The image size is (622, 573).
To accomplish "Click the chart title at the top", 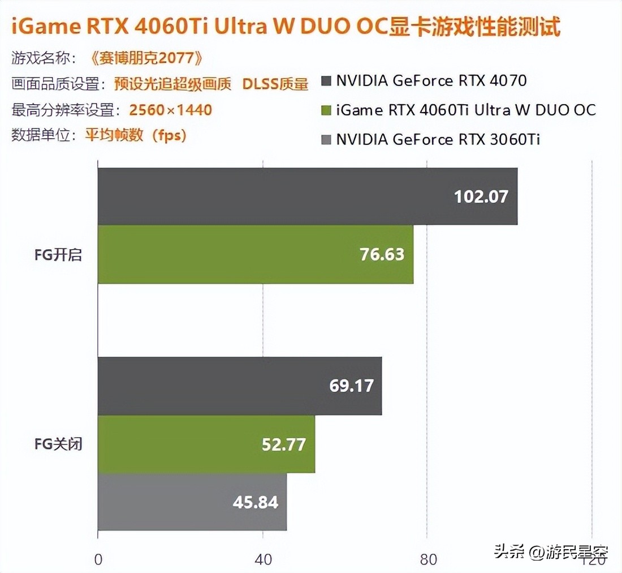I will (x=286, y=27).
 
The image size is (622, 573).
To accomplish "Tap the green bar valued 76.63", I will (x=255, y=254).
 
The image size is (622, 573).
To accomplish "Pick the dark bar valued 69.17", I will (x=239, y=386).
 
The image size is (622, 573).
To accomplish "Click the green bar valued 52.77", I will (x=206, y=444).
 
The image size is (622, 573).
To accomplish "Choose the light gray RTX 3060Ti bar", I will (x=192, y=502).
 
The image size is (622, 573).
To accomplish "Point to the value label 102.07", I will (x=481, y=196).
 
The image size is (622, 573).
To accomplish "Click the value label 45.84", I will (x=256, y=502).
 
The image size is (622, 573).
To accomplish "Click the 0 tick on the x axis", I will (x=98, y=560).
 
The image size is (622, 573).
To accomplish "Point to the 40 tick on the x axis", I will (x=263, y=560).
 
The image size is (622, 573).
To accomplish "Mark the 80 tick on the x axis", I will (x=428, y=560).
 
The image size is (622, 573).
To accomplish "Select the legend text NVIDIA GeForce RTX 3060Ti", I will (x=438, y=139).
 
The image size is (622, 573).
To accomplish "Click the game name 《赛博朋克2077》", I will (x=146, y=58).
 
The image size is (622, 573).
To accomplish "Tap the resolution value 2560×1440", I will (x=170, y=109).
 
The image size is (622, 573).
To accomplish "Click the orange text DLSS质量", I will (x=275, y=84).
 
